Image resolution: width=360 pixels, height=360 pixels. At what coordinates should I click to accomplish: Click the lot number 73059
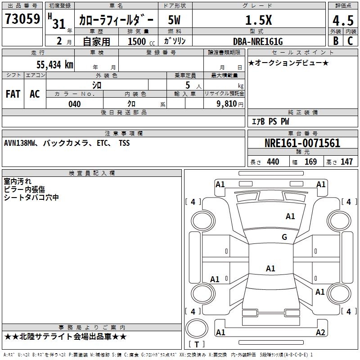[x=22, y=19]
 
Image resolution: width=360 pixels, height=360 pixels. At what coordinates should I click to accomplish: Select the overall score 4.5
[x=343, y=21]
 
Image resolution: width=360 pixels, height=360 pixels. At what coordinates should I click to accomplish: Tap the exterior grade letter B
[x=335, y=40]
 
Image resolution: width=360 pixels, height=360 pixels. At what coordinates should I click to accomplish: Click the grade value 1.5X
[x=258, y=20]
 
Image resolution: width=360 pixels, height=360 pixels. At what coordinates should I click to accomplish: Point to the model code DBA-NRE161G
[x=258, y=41]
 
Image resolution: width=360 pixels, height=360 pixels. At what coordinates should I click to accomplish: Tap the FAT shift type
[x=13, y=94]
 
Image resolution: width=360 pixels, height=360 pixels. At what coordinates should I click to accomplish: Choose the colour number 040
[x=75, y=104]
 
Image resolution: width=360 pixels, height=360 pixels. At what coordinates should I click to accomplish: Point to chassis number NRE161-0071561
[x=302, y=144]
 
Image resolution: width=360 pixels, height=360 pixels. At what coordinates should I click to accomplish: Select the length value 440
[x=273, y=162]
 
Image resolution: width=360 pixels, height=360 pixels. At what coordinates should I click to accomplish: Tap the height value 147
[x=346, y=162]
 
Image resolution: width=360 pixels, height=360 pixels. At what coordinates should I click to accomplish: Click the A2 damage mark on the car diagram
[x=320, y=333]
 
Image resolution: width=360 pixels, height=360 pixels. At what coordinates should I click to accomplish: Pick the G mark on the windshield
[x=284, y=237]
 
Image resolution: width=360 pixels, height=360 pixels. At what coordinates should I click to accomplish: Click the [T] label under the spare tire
[x=197, y=345]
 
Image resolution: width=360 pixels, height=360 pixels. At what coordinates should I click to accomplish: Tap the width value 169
[x=310, y=162]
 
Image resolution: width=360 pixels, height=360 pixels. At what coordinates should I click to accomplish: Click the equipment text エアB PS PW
[x=270, y=121]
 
